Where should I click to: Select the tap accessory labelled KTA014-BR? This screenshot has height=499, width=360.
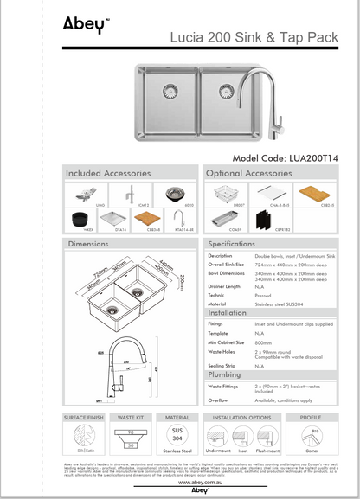point(177,219)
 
